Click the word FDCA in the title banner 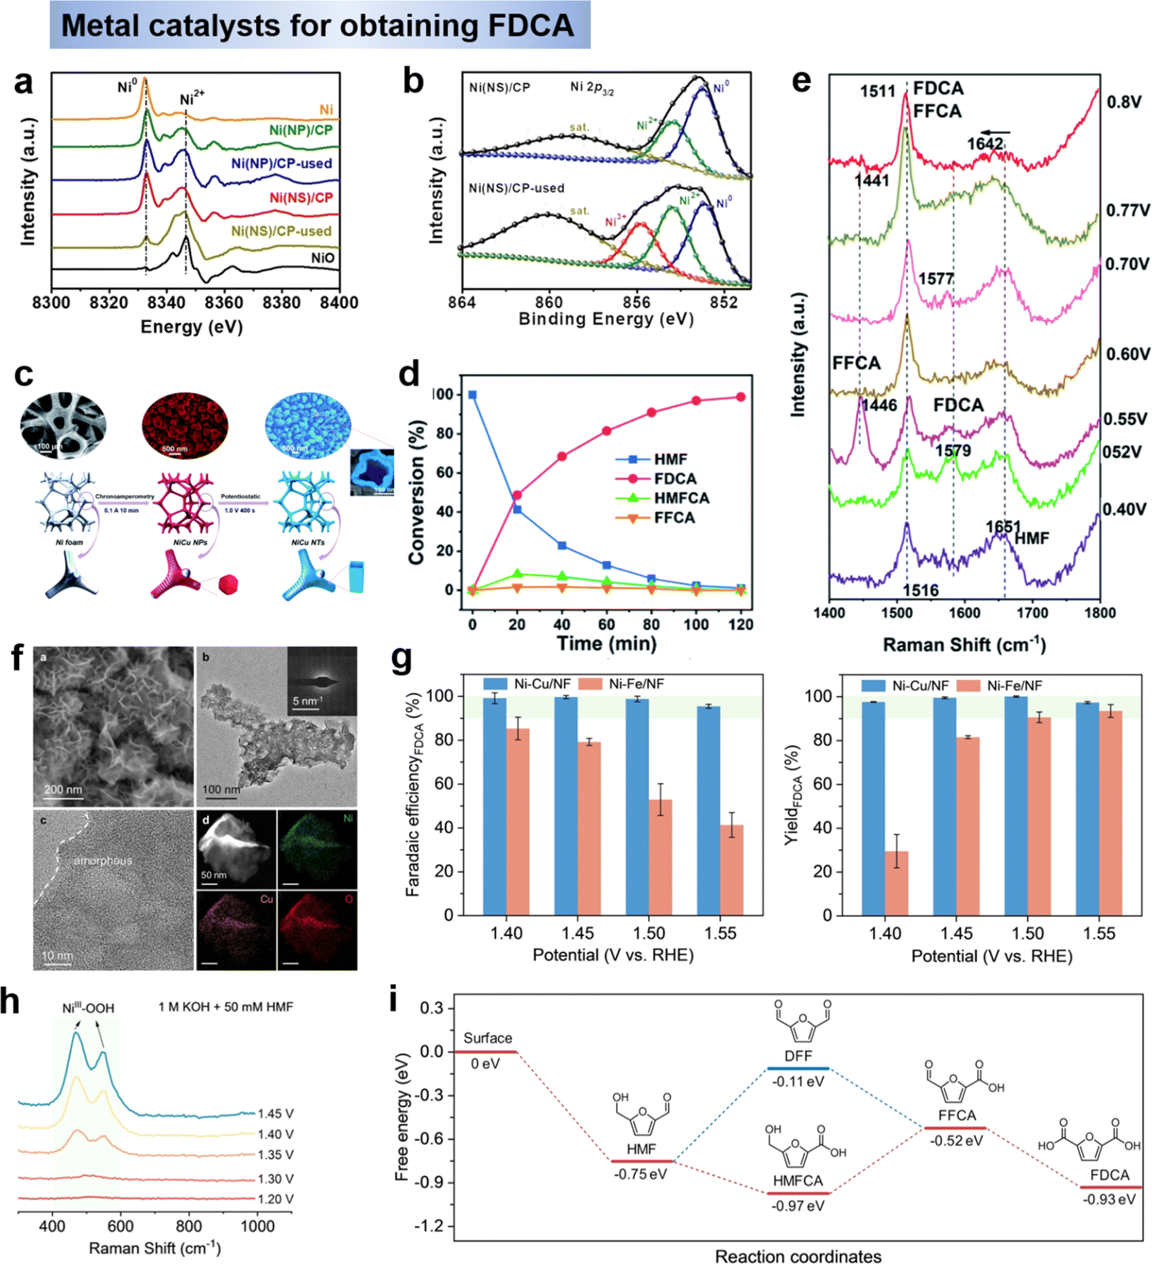coord(530,26)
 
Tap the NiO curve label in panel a coord(323,257)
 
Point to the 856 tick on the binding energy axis coord(636,302)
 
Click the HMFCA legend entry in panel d coord(682,498)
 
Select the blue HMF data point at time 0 coord(473,395)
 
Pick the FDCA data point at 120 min coord(740,397)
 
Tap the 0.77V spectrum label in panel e coord(1127,210)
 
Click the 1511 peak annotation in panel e coord(877,92)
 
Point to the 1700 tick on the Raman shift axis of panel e coord(1032,612)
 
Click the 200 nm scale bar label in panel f coord(63,789)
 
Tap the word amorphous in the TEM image coord(103,861)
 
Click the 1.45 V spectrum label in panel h coord(275,1114)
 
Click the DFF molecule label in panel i coord(798,1055)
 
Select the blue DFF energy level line coord(798,1068)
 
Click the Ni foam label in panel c coord(69,542)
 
